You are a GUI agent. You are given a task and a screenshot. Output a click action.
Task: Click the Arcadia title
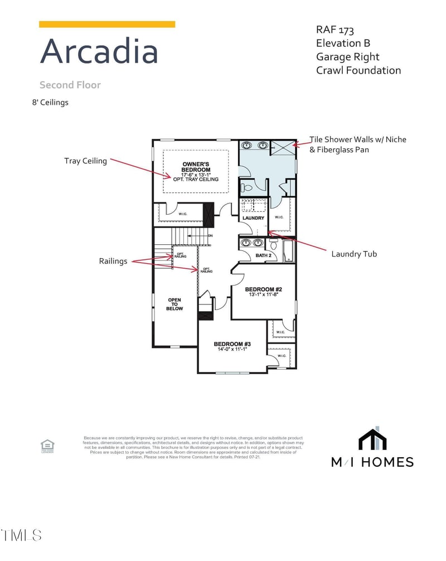coord(99,51)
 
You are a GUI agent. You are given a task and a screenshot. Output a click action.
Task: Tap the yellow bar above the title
coord(107,24)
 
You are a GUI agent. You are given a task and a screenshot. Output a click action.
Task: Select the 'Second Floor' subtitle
coord(70,85)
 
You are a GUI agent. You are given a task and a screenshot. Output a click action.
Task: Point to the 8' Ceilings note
coord(50,103)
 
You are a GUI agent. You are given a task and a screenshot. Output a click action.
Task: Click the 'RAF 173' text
coord(335,30)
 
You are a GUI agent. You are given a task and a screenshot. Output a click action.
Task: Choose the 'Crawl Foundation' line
coord(358,70)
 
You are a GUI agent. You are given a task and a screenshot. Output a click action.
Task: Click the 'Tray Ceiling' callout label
coord(85,161)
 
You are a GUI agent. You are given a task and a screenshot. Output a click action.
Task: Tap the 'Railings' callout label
coord(113,261)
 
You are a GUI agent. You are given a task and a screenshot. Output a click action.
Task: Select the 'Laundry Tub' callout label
coord(354,254)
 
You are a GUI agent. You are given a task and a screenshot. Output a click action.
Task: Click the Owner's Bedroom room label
coord(196,167)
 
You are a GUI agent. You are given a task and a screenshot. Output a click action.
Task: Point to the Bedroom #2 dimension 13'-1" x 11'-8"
coord(264,294)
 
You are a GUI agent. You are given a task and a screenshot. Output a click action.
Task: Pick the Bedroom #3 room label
coord(232,344)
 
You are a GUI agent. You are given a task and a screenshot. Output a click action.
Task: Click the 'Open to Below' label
coord(174,304)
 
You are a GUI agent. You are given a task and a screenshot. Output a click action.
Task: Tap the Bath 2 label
coord(263,255)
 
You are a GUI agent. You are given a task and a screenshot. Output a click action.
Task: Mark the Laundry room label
coord(253,218)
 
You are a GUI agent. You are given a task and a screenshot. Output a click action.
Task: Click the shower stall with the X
coord(282,149)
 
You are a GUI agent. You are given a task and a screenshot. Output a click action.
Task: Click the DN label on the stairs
coord(210,236)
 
